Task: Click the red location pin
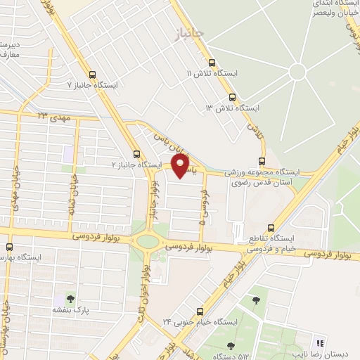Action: coord(181,166)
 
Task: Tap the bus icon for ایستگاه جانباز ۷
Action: coord(92,75)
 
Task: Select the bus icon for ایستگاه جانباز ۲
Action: coord(136,155)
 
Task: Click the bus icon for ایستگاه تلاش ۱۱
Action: coord(211,64)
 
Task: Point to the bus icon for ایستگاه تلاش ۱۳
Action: coord(232,98)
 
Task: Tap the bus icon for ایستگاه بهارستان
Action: coord(9,247)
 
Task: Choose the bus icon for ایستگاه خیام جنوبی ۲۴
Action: coord(200,311)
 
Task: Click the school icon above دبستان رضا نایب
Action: coord(321,343)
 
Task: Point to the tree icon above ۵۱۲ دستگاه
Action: coord(231,345)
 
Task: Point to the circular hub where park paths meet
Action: coord(298,71)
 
